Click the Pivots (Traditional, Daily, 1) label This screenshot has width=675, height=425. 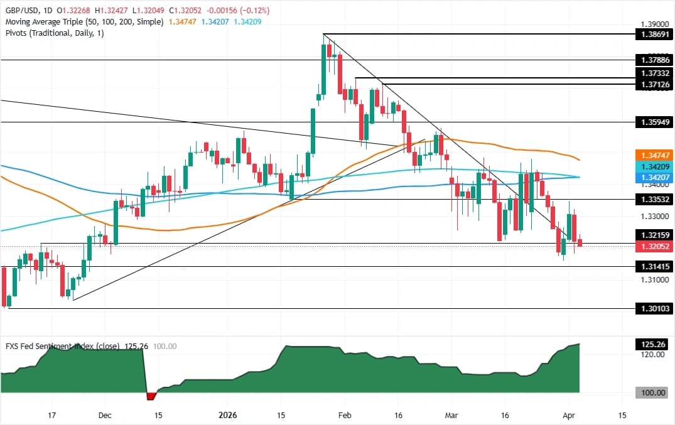click(x=54, y=33)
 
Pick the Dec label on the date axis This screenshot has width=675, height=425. click(x=105, y=415)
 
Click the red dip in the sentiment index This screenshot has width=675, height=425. click(x=151, y=396)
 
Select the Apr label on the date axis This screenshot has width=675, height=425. click(x=569, y=415)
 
